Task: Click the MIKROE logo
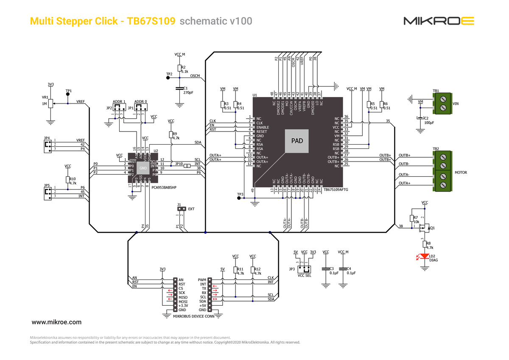(x=438, y=21)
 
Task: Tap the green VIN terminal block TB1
(x=442, y=104)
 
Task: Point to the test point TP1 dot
(x=68, y=95)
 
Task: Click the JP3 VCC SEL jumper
(x=304, y=269)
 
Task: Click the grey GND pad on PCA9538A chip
(x=143, y=168)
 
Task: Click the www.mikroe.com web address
(x=57, y=322)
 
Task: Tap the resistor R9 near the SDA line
(x=171, y=135)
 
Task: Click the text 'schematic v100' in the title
(x=216, y=21)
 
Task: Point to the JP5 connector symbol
(x=48, y=193)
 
